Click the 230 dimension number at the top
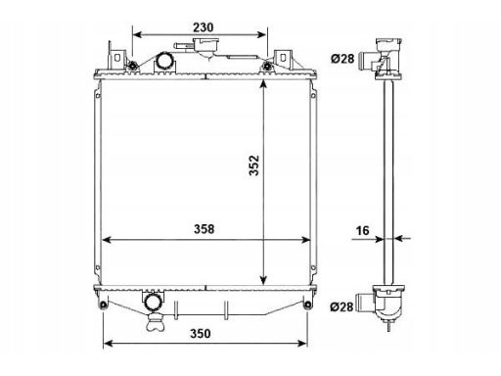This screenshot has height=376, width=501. tap(203, 27)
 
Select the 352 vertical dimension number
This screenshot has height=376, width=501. tap(253, 165)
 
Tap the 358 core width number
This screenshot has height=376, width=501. tap(205, 229)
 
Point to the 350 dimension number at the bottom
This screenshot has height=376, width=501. tap(201, 334)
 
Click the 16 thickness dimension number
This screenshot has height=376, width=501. tap(362, 231)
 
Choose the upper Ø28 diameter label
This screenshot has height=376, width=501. tap(342, 59)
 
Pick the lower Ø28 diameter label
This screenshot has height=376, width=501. tap(342, 306)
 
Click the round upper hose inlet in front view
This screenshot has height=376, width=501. tap(164, 61)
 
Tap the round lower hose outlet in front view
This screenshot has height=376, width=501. tap(152, 302)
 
